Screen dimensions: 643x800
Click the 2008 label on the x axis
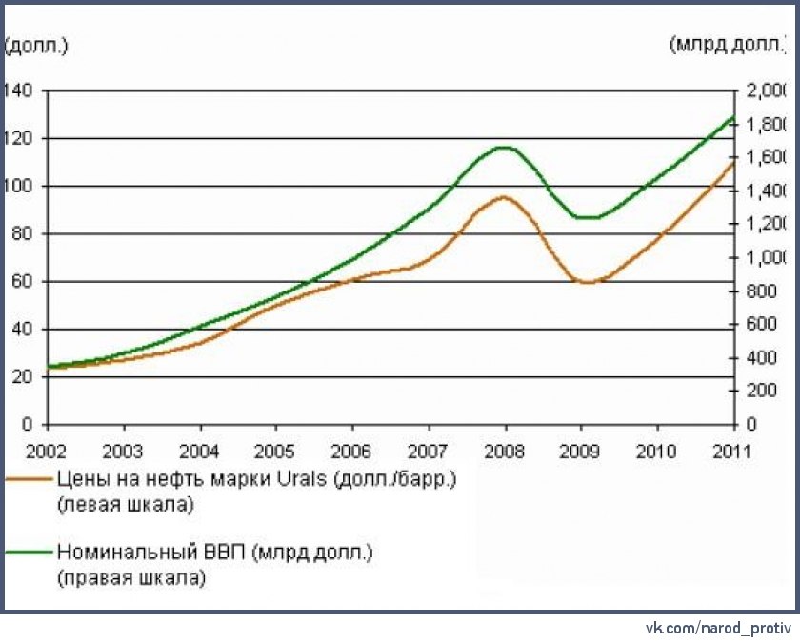click(x=505, y=450)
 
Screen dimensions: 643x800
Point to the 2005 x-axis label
click(x=276, y=450)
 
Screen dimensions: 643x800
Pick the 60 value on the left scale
click(x=21, y=281)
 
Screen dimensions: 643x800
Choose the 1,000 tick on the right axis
click(x=765, y=258)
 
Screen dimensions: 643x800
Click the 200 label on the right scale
click(x=756, y=391)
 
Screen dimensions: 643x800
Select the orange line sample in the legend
click(x=28, y=479)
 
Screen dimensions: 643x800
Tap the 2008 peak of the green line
click(x=504, y=147)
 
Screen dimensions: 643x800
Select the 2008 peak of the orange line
click(x=504, y=196)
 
